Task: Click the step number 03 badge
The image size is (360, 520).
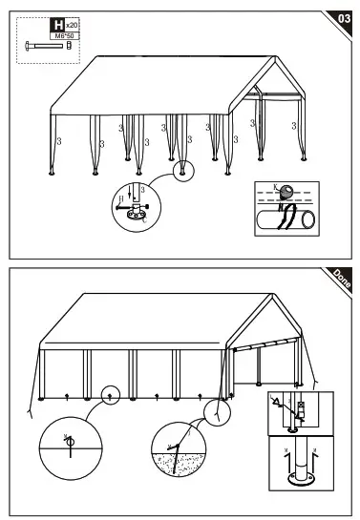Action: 343,16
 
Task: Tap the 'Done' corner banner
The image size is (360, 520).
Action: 341,278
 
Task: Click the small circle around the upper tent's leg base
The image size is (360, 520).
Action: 181,171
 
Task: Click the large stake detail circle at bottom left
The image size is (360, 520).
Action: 68,447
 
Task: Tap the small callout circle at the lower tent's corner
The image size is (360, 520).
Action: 219,410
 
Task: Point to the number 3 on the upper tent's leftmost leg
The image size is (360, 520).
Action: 60,141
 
